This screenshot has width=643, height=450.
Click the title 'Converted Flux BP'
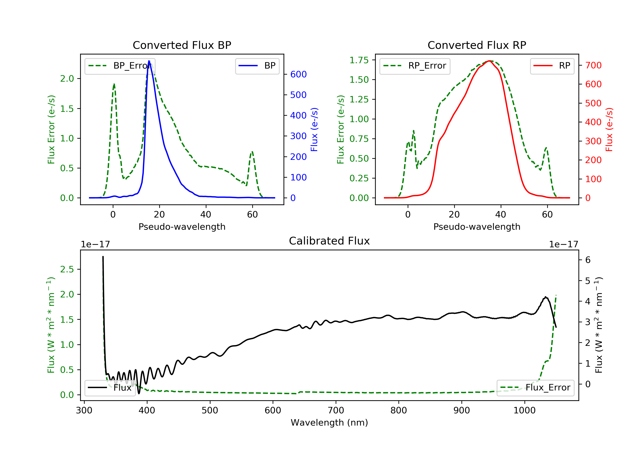182,45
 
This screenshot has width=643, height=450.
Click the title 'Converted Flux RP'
477,45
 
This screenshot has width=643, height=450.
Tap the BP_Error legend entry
120,66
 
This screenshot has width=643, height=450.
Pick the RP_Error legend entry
415,66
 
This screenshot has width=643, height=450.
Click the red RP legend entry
552,66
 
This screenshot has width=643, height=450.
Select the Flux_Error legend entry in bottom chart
535,388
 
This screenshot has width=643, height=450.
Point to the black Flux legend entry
110,388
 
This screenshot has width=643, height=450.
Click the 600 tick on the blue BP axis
298,74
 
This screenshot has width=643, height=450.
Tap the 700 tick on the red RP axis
593,65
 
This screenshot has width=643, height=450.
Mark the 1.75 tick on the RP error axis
359,60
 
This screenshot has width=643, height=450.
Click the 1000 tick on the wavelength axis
524,411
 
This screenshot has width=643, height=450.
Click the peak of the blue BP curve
149,61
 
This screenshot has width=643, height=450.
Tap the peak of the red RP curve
489,61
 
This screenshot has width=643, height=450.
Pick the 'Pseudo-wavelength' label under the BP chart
182,226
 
